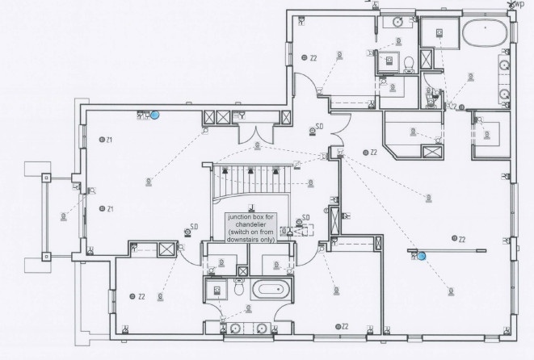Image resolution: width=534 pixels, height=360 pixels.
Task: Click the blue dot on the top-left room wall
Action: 155,115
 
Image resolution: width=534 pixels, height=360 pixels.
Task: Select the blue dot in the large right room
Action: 421,256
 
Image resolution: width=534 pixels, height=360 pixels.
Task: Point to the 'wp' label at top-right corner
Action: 518,5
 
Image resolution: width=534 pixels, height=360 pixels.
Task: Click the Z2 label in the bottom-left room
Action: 139,296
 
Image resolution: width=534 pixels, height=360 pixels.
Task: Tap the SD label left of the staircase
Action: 195,226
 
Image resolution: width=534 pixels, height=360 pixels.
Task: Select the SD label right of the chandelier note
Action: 306,217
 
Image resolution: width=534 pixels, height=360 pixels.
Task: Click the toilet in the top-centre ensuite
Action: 409,63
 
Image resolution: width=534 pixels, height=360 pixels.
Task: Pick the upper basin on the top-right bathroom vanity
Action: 503,65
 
